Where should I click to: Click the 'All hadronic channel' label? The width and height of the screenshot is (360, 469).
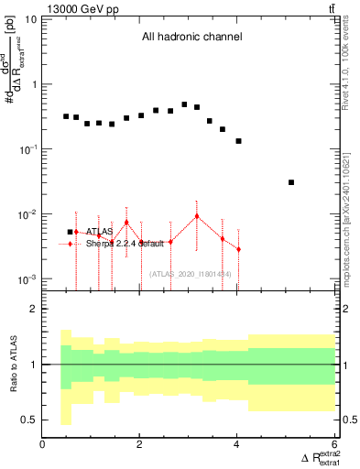click(x=191, y=37)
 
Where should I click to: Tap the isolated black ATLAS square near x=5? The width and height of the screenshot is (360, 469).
click(x=291, y=182)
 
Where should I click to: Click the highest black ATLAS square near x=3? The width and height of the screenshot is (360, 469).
click(x=184, y=104)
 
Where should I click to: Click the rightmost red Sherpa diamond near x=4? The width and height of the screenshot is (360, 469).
click(x=238, y=249)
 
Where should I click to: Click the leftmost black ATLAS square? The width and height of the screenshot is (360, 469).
click(x=66, y=116)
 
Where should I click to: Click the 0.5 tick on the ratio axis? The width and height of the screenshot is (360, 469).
click(x=29, y=420)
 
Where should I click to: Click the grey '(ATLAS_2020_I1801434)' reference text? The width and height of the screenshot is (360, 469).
click(x=191, y=273)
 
